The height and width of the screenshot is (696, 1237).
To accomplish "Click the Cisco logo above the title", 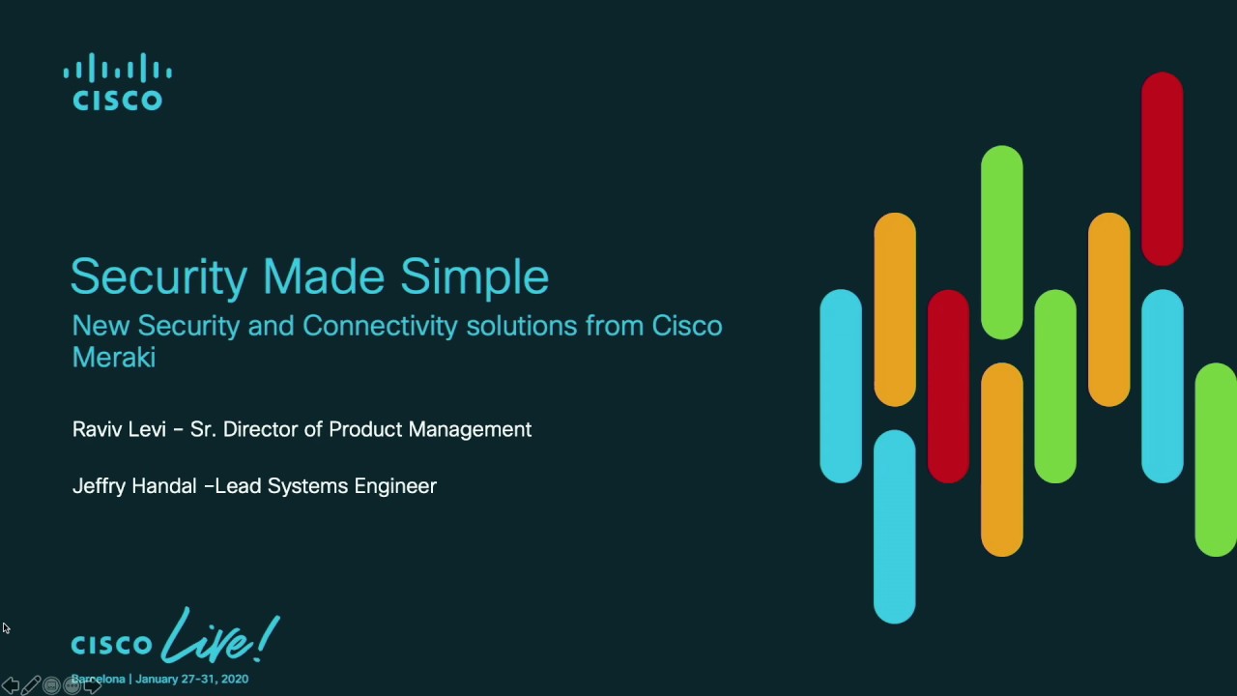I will pos(117,82).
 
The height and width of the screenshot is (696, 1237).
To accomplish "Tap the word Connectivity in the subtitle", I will pos(381,326).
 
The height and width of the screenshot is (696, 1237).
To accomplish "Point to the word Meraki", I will pos(113,357).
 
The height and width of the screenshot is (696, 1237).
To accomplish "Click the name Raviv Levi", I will pos(119,429).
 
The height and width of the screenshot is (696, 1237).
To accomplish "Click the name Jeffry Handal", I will pos(134,486).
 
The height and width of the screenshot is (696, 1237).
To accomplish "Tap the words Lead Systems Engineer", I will pos(326,486).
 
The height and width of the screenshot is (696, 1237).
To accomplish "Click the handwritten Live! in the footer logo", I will pos(220,637).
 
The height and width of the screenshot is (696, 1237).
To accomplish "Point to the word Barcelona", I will pos(99,679).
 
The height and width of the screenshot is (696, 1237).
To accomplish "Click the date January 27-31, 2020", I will pos(191,679).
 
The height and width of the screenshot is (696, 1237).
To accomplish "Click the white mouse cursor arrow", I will pos(6,628).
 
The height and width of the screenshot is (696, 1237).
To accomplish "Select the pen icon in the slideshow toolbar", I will pos(31,685).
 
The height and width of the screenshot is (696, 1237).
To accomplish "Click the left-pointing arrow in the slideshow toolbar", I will pos(11,685).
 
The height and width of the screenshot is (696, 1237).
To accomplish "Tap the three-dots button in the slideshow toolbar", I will pos(72,686).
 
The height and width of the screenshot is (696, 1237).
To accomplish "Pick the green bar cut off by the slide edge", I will pos(1216,459).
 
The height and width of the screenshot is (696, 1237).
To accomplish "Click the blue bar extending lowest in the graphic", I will pos(894,527).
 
